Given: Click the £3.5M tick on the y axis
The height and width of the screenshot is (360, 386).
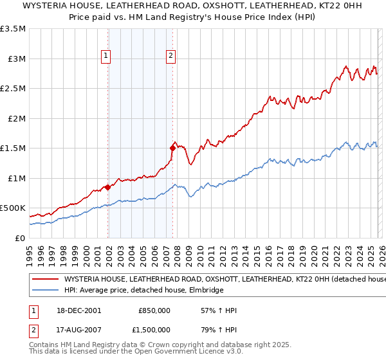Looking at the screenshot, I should pyautogui.click(x=13, y=29).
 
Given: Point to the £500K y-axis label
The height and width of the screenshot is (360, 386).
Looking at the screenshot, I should pyautogui.click(x=13, y=208).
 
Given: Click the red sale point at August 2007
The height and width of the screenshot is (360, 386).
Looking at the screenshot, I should pyautogui.click(x=172, y=148).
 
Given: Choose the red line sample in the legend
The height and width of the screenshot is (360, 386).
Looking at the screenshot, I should pyautogui.click(x=45, y=280).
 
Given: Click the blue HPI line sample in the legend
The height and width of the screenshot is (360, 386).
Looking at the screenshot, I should pyautogui.click(x=45, y=291).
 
